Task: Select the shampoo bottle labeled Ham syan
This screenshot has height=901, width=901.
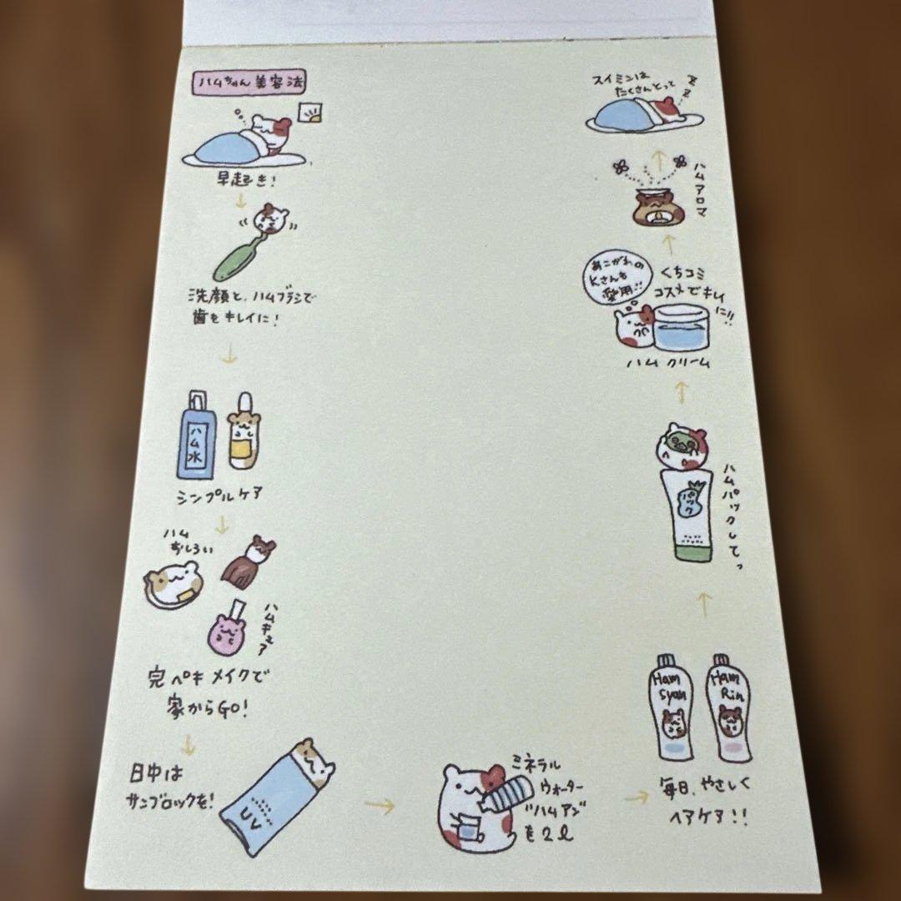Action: click(674, 708)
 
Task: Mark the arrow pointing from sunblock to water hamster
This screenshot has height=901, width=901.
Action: click(380, 804)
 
